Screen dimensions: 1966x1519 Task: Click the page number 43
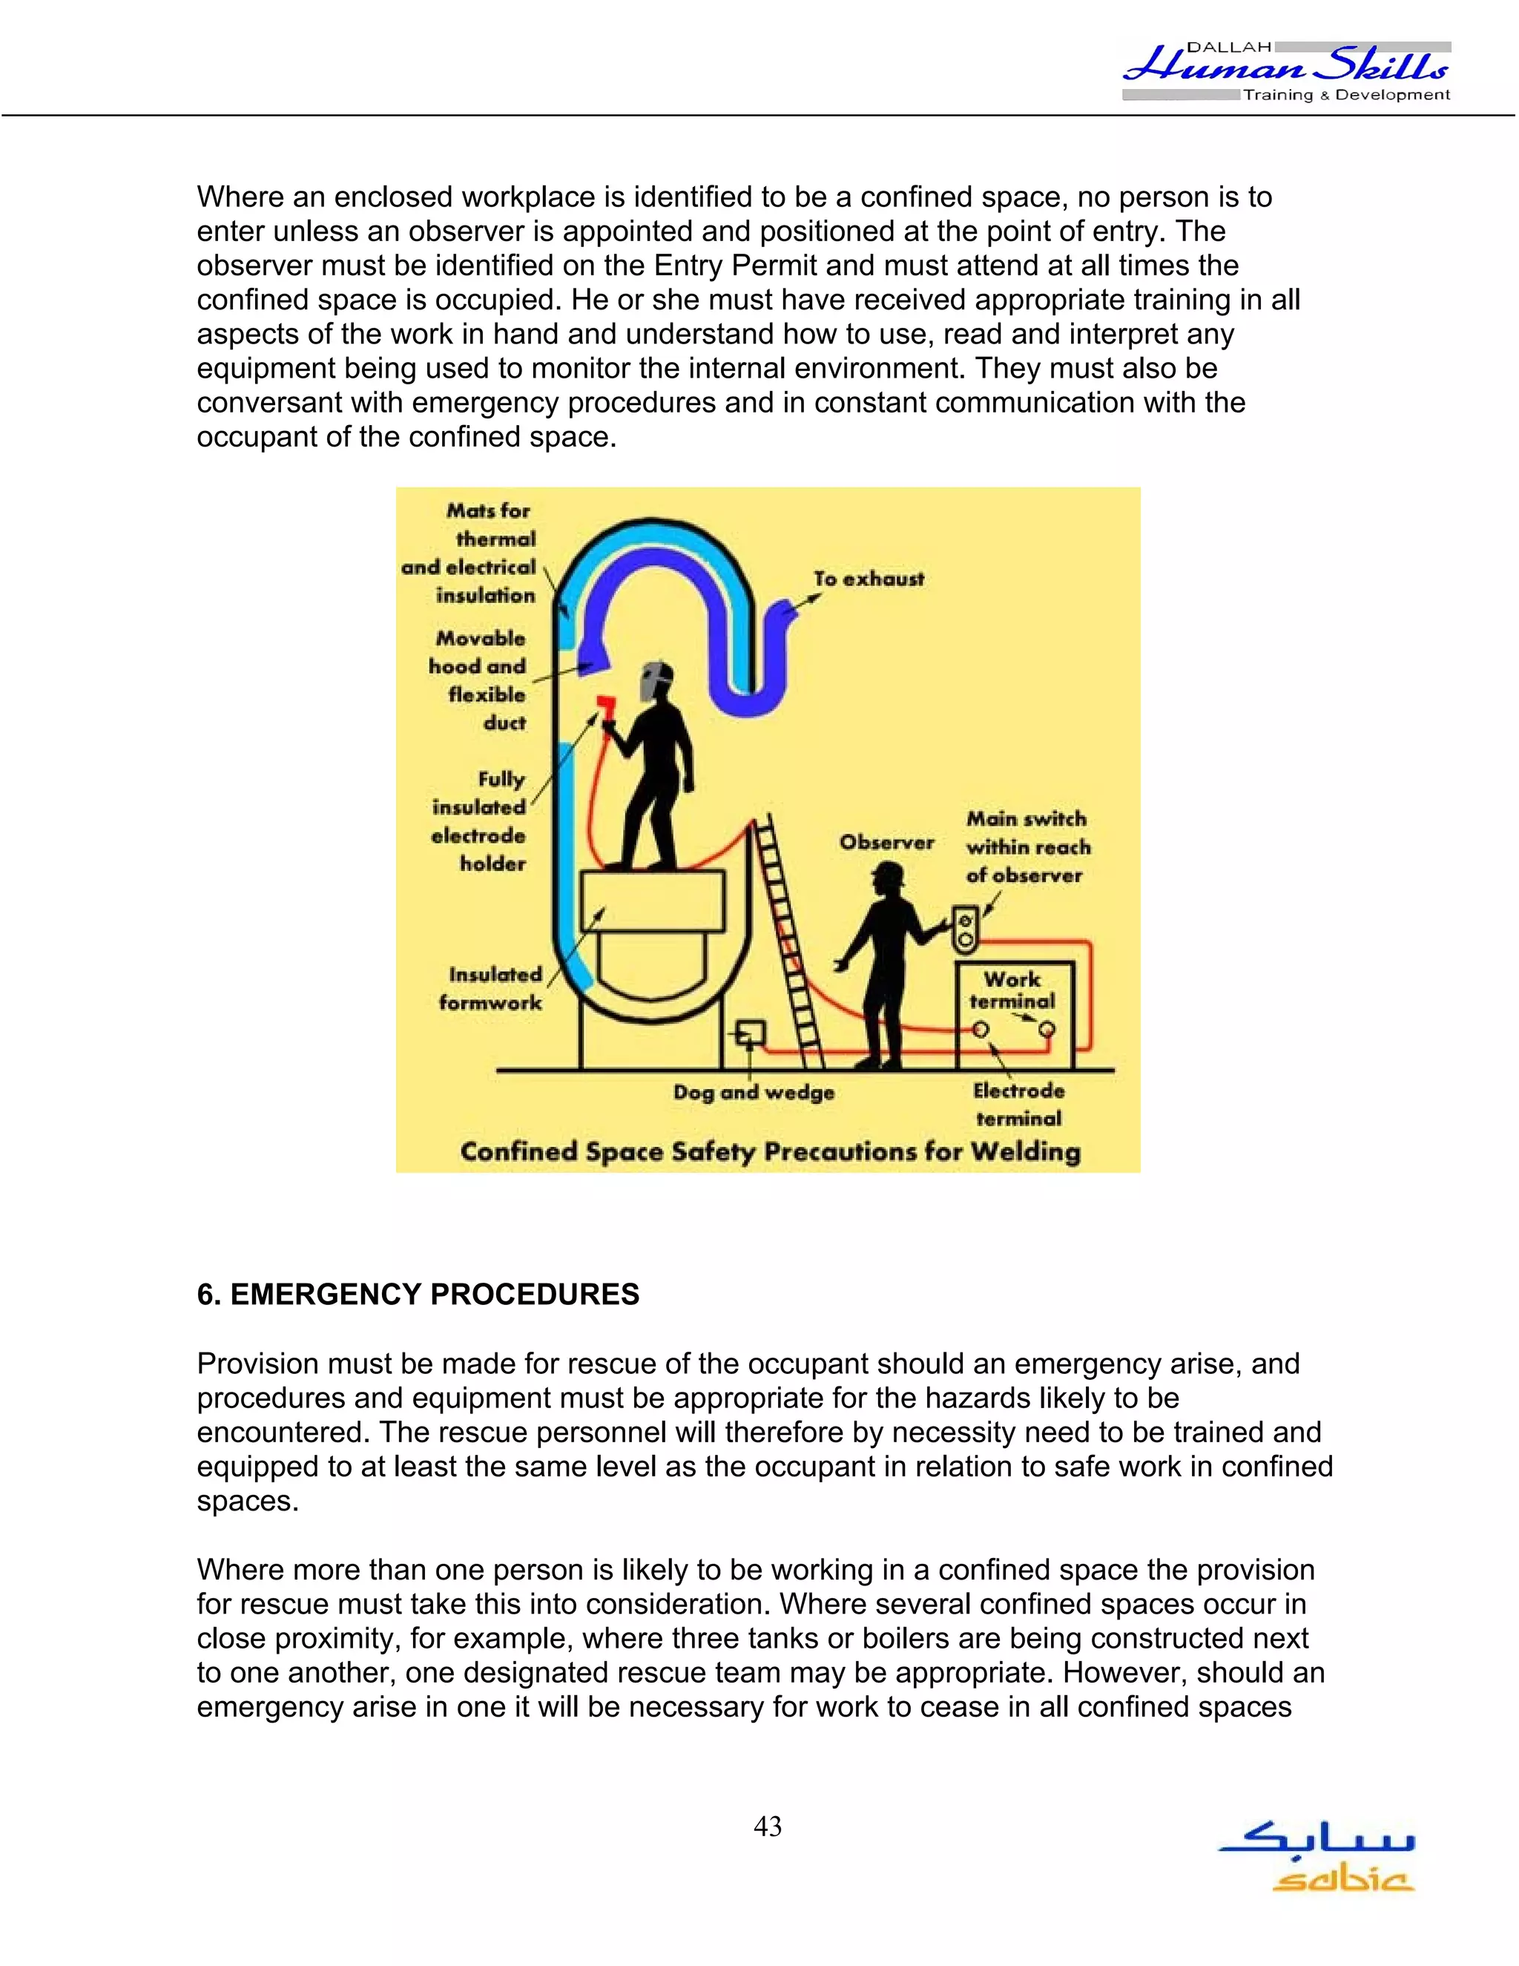click(768, 1827)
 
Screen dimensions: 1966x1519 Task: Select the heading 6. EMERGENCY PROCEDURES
click(418, 1295)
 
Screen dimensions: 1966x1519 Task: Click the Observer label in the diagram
click(886, 843)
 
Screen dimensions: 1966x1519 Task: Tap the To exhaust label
click(869, 579)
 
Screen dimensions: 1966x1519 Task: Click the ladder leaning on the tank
click(788, 936)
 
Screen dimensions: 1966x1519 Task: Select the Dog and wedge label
click(754, 1092)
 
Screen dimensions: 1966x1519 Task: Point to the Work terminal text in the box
click(1012, 990)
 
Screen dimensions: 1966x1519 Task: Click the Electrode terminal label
click(1018, 1105)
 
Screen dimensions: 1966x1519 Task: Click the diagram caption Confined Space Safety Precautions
click(769, 1151)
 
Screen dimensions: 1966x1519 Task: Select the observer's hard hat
click(888, 873)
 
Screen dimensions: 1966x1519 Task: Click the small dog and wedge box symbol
click(750, 1033)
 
